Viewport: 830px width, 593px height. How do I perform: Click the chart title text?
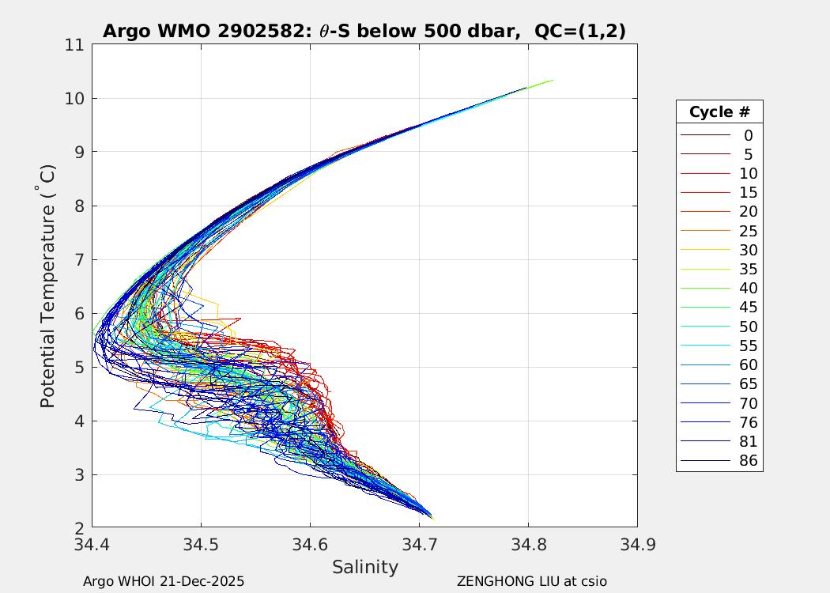364,31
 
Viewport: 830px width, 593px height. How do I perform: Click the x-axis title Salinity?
364,567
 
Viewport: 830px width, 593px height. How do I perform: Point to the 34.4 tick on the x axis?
92,544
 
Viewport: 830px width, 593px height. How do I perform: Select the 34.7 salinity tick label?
419,544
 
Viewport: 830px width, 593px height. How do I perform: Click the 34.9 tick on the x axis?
636,544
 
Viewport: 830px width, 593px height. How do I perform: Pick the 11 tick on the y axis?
75,45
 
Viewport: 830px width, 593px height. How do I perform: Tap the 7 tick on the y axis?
78,259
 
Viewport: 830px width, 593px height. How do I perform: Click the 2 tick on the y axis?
78,527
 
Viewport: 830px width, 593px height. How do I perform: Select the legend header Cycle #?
719,111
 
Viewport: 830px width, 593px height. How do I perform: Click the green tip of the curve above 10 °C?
551,81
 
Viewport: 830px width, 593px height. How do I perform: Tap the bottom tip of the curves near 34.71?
432,518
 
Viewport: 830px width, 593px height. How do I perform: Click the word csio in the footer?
593,581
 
